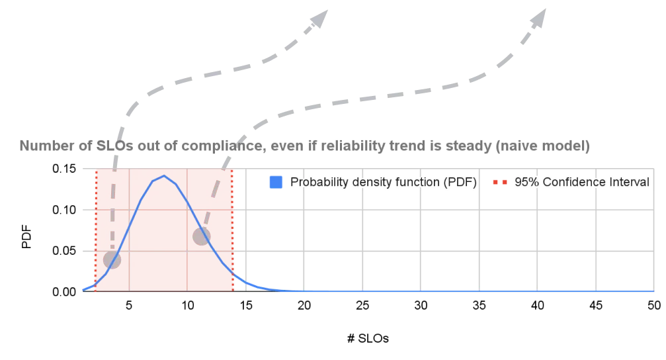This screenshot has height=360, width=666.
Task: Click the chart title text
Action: (304, 146)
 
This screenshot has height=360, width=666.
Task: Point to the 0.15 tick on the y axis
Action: (64, 169)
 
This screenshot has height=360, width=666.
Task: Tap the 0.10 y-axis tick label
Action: (64, 210)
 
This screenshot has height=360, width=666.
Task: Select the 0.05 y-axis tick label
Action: (64, 251)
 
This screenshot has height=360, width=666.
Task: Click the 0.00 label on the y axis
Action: (64, 292)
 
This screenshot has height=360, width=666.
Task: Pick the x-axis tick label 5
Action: (129, 305)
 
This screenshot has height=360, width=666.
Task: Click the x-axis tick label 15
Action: (246, 305)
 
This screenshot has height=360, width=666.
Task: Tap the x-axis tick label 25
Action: (362, 305)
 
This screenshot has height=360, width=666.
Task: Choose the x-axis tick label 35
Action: (479, 305)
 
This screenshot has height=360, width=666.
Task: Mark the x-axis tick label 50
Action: (654, 305)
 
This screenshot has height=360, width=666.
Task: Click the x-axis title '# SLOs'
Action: (368, 338)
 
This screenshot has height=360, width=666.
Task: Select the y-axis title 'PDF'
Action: (26, 237)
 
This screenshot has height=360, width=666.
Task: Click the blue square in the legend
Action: (276, 183)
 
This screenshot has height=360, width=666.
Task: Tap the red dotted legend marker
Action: (500, 183)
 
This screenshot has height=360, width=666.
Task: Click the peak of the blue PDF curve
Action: (164, 175)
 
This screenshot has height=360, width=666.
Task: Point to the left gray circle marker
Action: (112, 259)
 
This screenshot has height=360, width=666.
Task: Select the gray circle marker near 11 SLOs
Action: (201, 236)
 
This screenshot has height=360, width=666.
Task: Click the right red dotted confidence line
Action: (232, 230)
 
